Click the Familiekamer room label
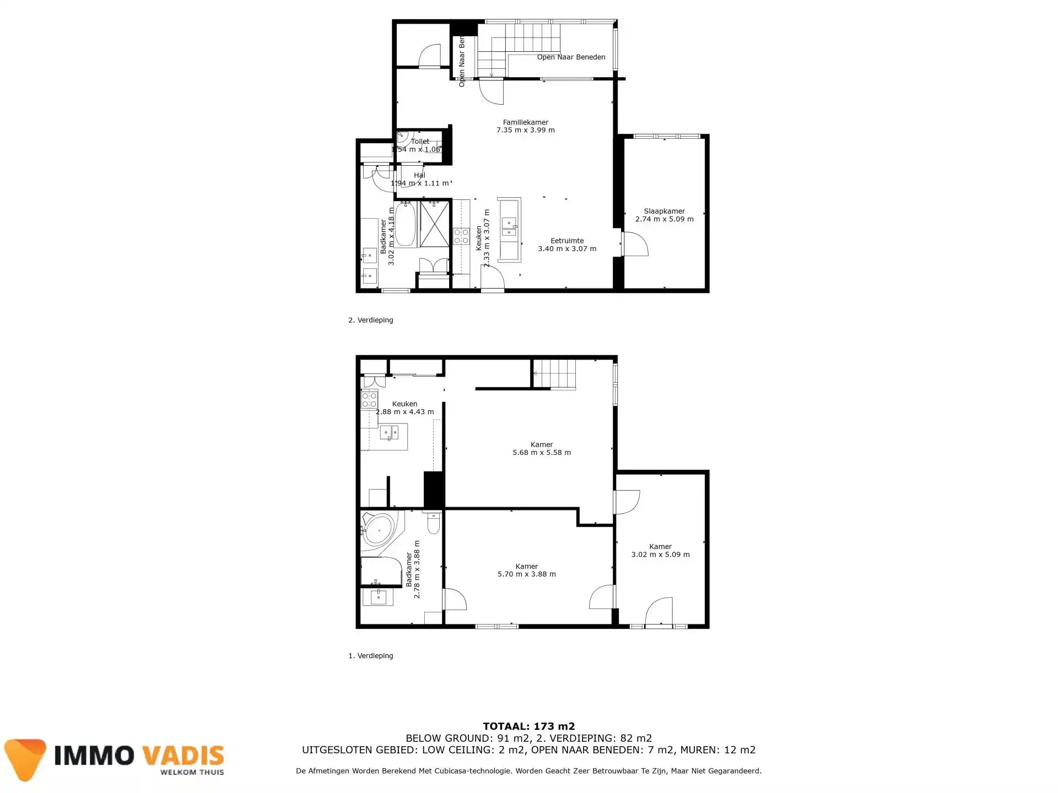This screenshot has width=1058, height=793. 525,122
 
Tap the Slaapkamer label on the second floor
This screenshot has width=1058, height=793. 664,211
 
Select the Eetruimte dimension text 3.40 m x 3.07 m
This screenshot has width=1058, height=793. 567,249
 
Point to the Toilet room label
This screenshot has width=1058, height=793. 420,142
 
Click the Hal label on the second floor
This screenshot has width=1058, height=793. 419,175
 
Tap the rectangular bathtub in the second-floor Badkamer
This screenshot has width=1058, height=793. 406,225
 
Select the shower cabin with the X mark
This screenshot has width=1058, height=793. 434,224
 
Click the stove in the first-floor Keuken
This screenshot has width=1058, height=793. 369,399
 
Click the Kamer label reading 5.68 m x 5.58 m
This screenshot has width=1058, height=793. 542,448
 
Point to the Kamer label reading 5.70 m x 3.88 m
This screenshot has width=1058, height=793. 526,570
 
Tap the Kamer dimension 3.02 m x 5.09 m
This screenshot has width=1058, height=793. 660,555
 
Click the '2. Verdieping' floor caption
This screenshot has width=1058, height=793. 370,320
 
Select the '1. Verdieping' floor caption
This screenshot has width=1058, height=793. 370,656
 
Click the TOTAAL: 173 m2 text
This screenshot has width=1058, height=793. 528,726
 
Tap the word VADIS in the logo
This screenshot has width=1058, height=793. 182,756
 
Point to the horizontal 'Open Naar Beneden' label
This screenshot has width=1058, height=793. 571,57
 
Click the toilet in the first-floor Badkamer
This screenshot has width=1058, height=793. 433,523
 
